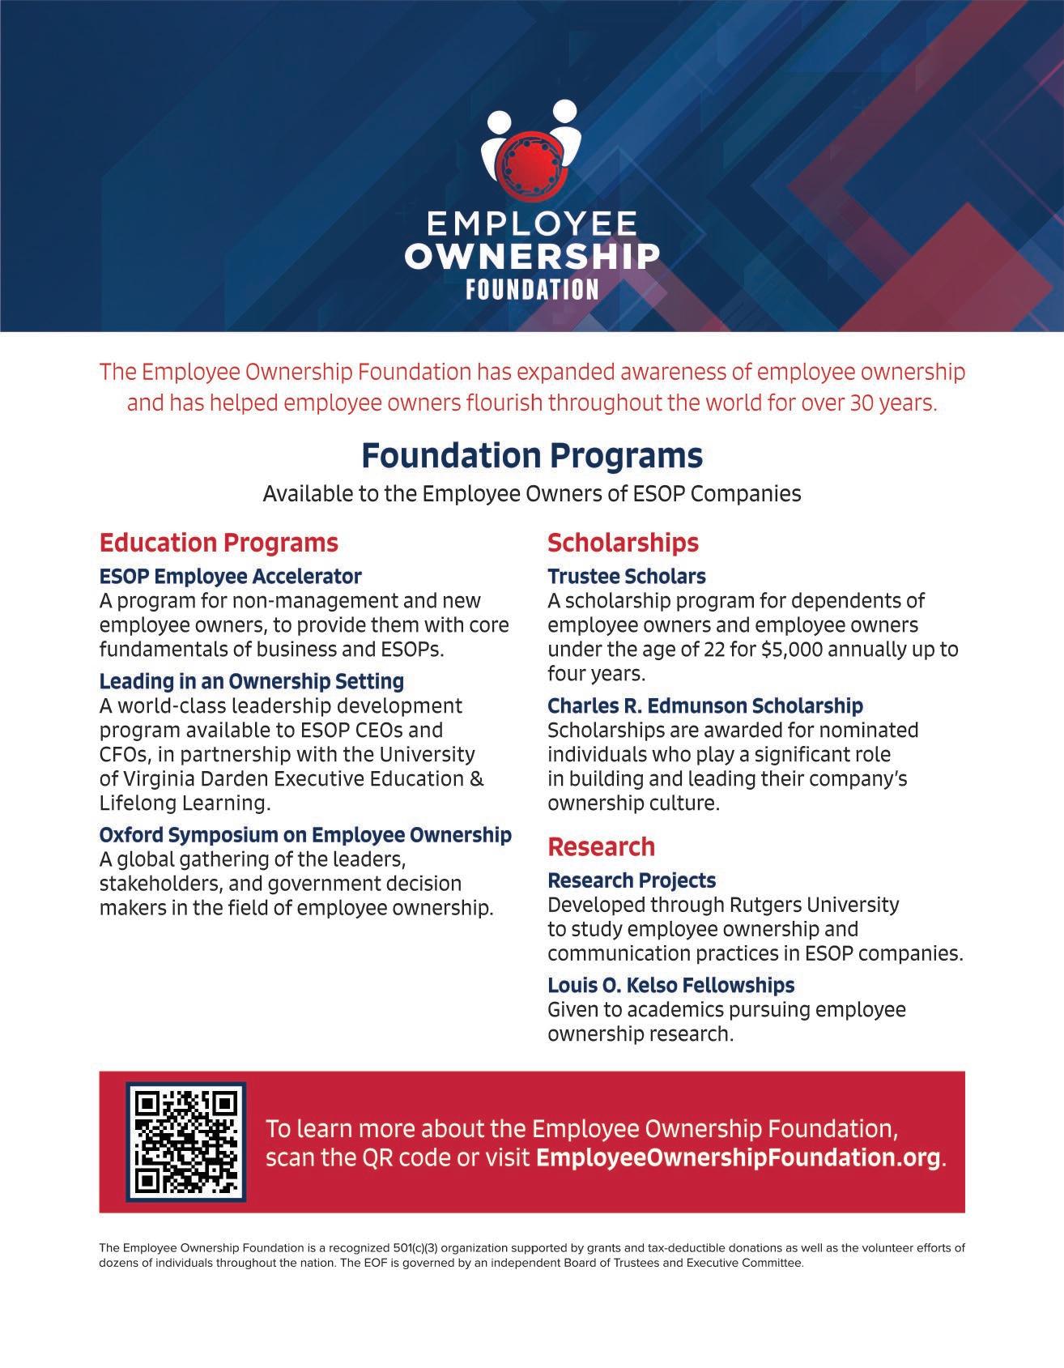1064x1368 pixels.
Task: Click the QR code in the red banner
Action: pyautogui.click(x=185, y=1141)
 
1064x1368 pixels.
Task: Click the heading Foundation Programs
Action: pyautogui.click(x=532, y=455)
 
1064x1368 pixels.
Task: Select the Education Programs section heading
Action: pyautogui.click(x=219, y=542)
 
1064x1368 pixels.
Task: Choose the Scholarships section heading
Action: pyautogui.click(x=623, y=542)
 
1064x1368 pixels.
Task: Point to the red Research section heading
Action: pyautogui.click(x=601, y=846)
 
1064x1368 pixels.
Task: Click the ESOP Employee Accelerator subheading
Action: pyautogui.click(x=230, y=576)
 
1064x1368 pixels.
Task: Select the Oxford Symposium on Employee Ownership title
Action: pyautogui.click(x=305, y=834)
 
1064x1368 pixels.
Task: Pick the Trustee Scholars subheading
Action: pyautogui.click(x=626, y=576)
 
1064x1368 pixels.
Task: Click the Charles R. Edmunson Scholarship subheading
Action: pyautogui.click(x=704, y=705)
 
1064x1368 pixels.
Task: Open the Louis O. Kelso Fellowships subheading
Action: pyautogui.click(x=670, y=985)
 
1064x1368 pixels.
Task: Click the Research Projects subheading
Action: pyautogui.click(x=632, y=880)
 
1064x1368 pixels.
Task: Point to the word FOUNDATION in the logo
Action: pyautogui.click(x=532, y=289)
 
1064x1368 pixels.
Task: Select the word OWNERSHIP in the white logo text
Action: pyautogui.click(x=532, y=257)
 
